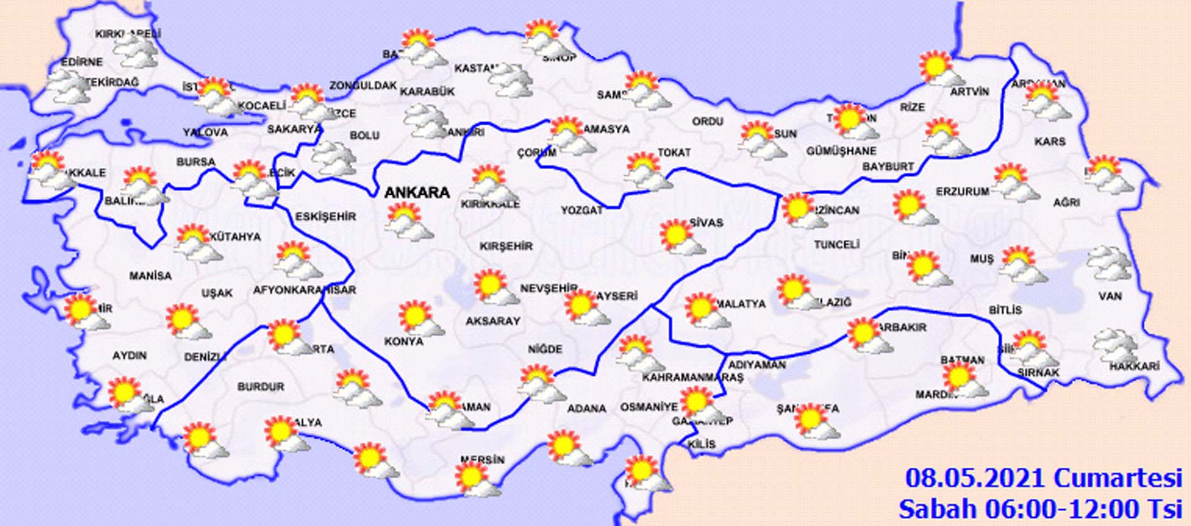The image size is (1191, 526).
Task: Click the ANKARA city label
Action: [417, 192]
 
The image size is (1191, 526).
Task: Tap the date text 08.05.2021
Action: [975, 478]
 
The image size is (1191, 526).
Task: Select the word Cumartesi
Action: [1118, 478]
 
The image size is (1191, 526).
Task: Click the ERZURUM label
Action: [962, 192]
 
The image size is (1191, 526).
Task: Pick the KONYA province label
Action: [403, 341]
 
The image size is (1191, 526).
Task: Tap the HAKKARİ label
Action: [1134, 366]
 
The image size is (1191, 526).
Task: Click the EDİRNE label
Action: [81, 62]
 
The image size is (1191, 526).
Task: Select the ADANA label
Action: [586, 408]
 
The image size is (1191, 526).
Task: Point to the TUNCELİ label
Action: [836, 244]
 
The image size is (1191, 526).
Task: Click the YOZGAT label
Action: [581, 210]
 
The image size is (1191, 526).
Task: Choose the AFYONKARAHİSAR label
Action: [304, 290]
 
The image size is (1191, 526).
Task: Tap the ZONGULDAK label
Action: [363, 86]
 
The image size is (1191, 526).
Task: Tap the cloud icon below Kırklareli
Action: [137, 51]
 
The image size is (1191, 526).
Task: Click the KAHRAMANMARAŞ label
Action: [692, 378]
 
